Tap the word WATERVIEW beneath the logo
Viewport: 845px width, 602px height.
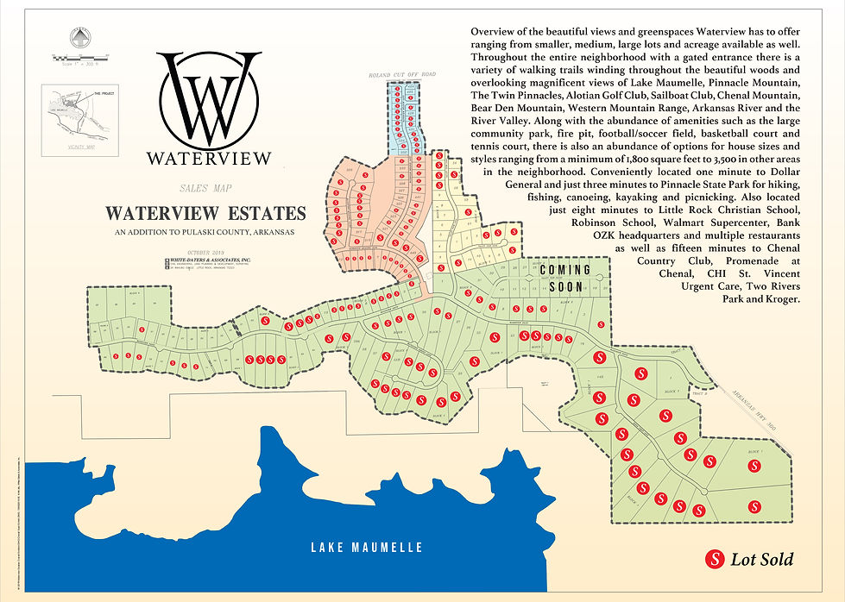pos(209,159)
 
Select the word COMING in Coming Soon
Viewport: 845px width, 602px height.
pos(565,270)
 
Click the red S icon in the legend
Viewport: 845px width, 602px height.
pos(715,559)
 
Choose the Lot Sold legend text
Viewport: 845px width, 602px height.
pos(762,560)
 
